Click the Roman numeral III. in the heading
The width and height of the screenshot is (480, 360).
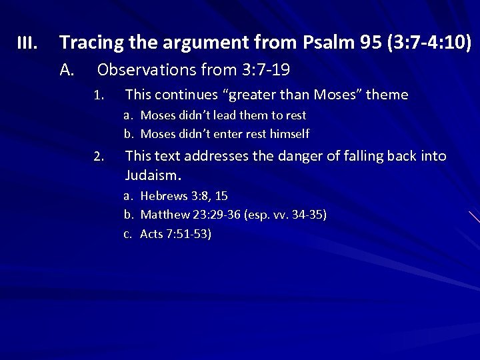coord(27,44)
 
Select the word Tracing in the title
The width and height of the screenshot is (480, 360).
coord(88,43)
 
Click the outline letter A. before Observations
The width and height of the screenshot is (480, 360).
coord(66,69)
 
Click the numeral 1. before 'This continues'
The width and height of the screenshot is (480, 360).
coord(98,96)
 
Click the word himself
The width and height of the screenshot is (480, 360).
coord(288,134)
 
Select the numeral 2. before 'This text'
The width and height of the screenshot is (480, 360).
coord(98,157)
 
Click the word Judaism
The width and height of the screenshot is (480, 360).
coord(153,175)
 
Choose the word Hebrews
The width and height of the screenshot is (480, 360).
coord(164,196)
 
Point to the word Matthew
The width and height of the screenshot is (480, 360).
coord(165,215)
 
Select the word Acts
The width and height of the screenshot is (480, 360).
coord(151,235)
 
